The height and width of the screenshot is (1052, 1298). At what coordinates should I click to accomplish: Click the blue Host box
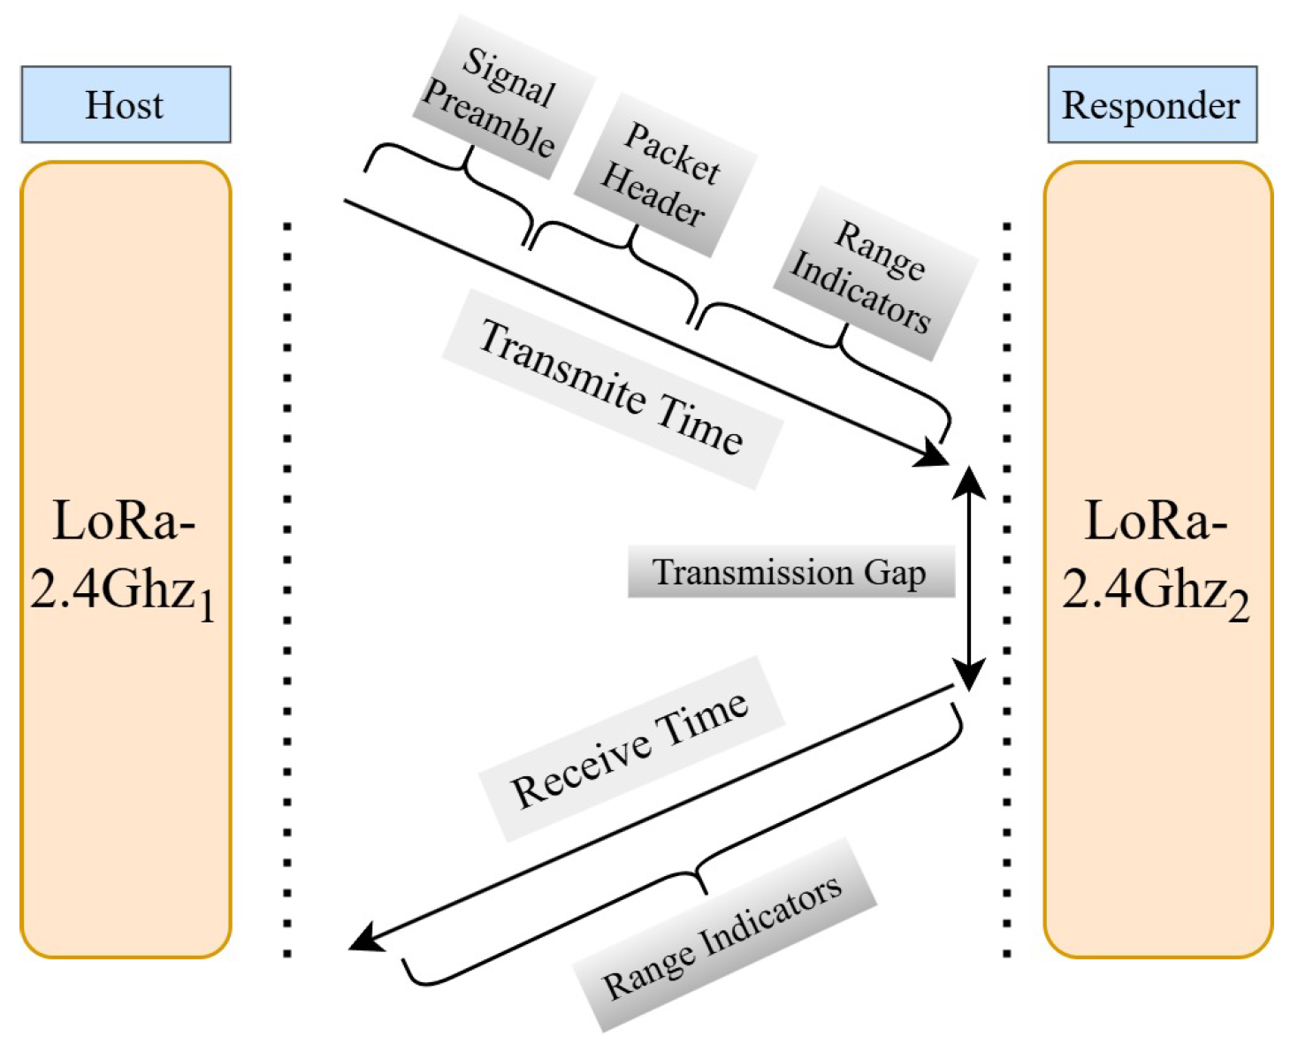(126, 104)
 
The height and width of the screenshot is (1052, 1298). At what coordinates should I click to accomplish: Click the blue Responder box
(1151, 104)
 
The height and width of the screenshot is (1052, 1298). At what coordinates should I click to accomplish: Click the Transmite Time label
(610, 389)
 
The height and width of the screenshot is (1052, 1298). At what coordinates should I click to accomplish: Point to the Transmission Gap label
(790, 572)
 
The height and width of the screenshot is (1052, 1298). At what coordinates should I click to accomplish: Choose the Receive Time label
(630, 750)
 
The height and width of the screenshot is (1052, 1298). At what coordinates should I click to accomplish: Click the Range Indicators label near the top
(871, 274)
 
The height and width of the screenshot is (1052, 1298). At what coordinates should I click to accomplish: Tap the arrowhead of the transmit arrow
(933, 454)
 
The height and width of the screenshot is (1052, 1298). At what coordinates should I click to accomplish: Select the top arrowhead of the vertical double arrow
(969, 482)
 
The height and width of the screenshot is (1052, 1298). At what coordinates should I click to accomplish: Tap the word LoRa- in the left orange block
(124, 522)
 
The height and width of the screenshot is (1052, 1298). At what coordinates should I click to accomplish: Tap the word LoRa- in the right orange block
(1156, 522)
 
